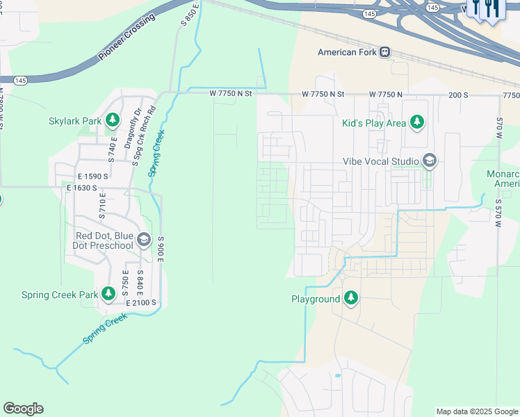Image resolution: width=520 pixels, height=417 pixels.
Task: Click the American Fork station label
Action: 347,52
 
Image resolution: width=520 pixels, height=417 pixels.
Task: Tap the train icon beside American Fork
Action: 384,52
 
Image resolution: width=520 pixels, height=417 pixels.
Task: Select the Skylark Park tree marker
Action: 112,121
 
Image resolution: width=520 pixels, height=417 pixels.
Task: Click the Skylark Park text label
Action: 75,121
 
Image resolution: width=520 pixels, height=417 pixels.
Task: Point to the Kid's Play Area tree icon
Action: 416,123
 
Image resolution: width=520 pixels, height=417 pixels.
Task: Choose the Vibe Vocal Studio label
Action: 381,161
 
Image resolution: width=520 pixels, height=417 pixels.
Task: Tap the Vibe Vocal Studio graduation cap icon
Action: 429,161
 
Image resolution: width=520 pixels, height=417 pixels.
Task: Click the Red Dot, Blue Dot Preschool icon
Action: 144,240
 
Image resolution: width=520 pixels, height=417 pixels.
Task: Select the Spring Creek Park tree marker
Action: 108,294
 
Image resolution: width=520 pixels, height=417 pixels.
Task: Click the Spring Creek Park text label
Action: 60,295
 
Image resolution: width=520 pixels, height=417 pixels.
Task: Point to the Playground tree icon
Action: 351,299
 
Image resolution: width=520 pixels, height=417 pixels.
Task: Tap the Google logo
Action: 23,409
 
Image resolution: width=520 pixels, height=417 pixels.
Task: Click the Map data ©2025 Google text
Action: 476,411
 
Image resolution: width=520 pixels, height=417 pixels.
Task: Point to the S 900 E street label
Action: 160,248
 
